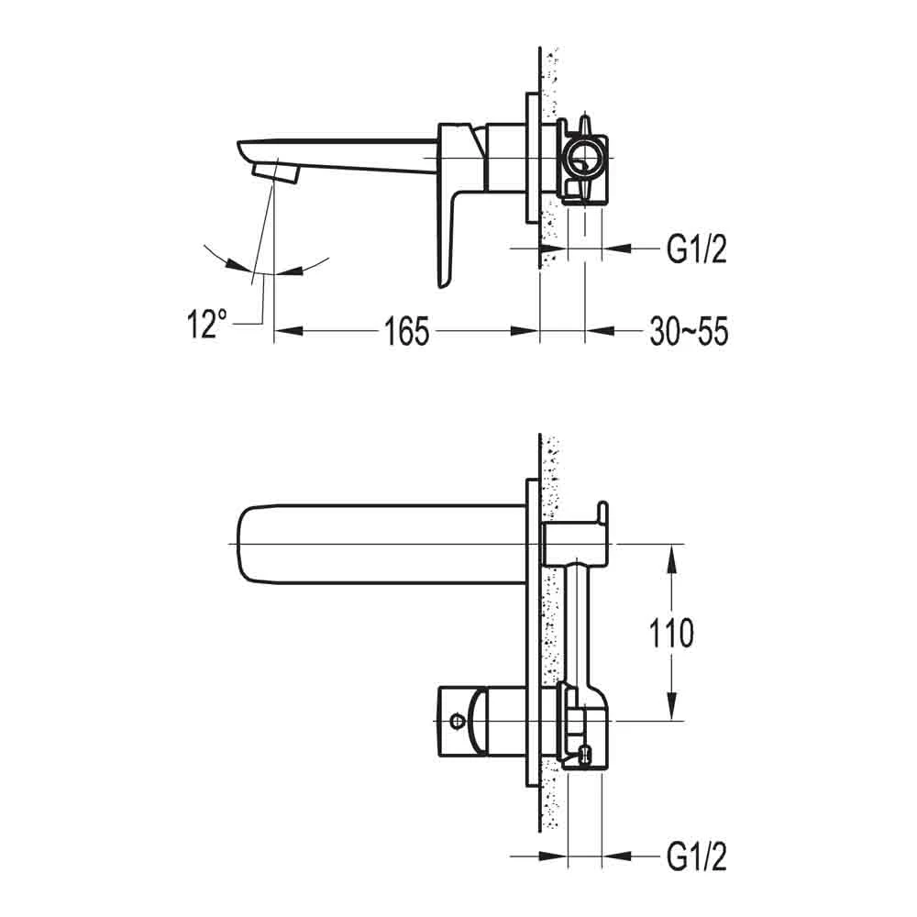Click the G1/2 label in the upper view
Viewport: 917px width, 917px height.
696,248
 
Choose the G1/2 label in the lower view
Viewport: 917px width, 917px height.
696,857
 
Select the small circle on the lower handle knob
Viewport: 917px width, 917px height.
455,723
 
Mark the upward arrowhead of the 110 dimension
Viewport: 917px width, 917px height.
674,556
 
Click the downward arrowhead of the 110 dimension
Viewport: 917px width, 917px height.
674,710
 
